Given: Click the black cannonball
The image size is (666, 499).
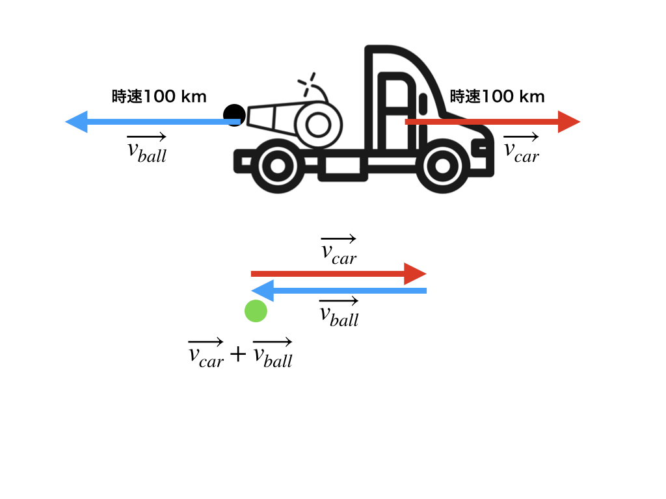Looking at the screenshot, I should click(234, 115).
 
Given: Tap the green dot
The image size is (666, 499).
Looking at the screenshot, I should click(256, 311).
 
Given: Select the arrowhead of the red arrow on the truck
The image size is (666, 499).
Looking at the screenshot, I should click(568, 122).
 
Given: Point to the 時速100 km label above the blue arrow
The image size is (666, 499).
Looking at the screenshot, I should click(159, 97).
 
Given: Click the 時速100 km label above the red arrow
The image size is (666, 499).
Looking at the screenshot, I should click(498, 97).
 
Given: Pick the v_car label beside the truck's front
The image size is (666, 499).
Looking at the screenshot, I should click(522, 147).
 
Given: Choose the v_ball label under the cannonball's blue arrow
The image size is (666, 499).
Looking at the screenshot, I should click(147, 149).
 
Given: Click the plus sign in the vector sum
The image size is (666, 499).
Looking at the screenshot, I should click(239, 354).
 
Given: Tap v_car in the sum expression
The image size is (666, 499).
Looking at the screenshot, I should click(206, 354).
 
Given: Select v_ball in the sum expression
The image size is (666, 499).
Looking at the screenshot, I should click(273, 355).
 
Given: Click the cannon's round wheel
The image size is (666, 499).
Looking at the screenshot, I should click(318, 123).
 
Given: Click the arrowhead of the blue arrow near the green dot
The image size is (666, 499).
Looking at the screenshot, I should click(261, 290).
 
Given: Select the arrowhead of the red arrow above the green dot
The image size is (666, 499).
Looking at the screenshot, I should click(415, 274).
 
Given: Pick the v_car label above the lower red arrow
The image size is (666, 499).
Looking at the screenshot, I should click(339, 251).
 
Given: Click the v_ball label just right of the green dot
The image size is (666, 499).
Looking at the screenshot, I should click(339, 313).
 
